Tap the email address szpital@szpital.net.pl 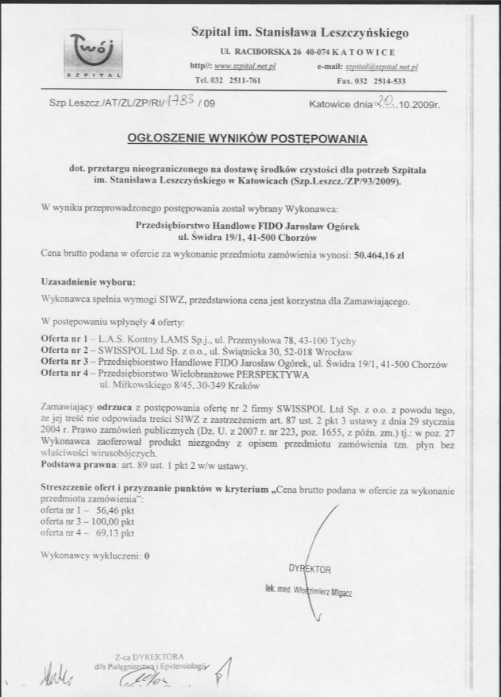pos(384,68)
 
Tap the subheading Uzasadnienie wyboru pos(87,282)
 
